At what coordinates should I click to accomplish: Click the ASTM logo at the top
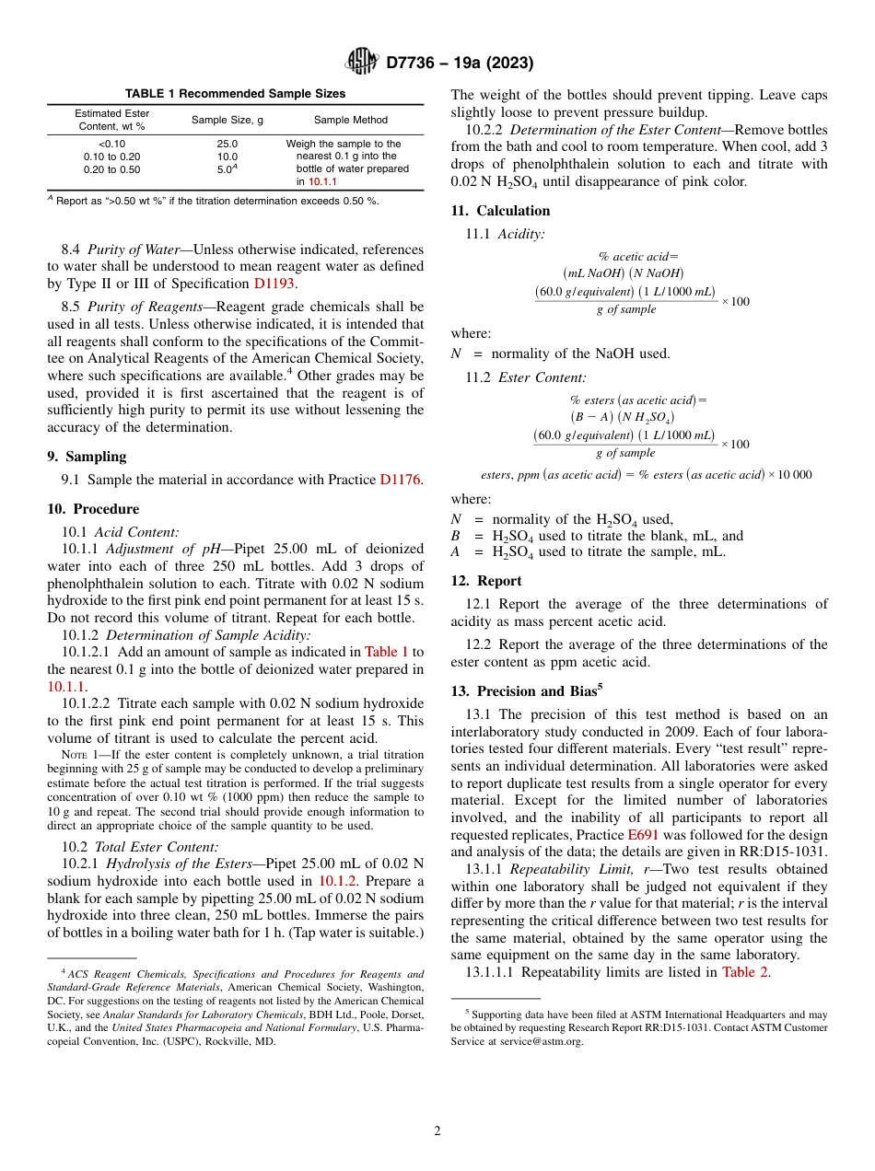click(x=361, y=62)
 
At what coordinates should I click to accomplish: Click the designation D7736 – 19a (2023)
click(x=460, y=64)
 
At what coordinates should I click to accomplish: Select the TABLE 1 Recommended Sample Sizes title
click(x=236, y=94)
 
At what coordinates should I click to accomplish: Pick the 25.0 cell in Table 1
click(x=227, y=145)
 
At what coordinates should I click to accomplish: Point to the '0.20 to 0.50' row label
click(x=111, y=169)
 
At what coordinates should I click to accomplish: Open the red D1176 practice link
click(x=400, y=480)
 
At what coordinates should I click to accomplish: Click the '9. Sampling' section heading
click(x=87, y=457)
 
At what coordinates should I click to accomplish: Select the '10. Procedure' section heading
click(x=92, y=509)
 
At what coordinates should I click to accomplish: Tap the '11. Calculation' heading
click(x=500, y=211)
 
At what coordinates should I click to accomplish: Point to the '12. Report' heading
click(x=485, y=581)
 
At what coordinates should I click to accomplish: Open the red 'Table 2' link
click(x=746, y=972)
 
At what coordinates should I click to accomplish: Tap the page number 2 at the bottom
click(x=437, y=1131)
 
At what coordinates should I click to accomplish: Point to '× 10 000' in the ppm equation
click(x=790, y=474)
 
